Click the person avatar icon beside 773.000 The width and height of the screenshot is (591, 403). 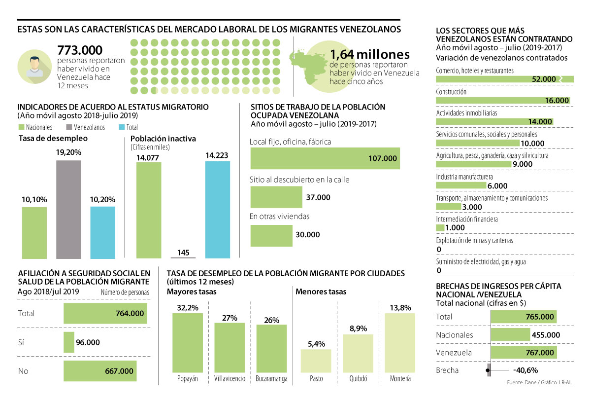(x=34, y=66)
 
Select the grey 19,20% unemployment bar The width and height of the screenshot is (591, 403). (x=68, y=209)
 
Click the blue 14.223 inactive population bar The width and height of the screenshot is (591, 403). (x=217, y=210)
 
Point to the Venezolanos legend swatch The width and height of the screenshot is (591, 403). (x=73, y=127)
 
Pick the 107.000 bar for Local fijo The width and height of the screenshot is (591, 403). (x=325, y=158)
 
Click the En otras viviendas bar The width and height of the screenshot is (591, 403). (x=271, y=235)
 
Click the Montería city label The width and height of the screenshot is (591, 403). (x=400, y=379)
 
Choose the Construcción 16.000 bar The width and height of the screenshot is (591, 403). (x=502, y=100)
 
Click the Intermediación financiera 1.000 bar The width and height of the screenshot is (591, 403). (x=440, y=228)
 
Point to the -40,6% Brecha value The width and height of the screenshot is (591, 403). (x=525, y=370)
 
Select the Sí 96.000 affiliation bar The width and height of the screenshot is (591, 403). (x=69, y=342)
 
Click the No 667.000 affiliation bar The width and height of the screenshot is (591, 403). (x=99, y=371)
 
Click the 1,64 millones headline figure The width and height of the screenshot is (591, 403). (x=369, y=54)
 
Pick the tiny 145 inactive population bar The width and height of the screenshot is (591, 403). (x=183, y=257)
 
